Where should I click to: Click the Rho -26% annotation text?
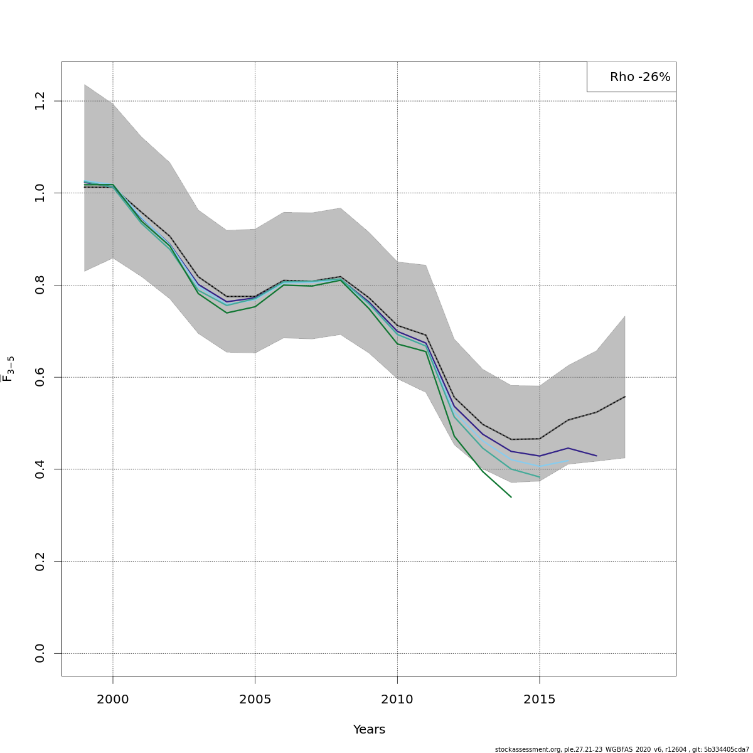point(640,77)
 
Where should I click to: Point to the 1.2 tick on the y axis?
point(40,101)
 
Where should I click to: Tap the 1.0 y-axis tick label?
point(40,193)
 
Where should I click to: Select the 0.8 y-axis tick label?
point(40,285)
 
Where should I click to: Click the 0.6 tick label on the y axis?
point(40,377)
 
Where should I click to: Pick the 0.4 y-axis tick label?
point(40,469)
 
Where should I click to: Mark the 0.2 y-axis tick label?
point(40,561)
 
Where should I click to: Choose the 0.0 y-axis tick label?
point(40,653)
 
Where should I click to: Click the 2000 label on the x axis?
point(113,699)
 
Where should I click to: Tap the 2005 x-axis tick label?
point(255,699)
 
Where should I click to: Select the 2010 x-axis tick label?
point(397,699)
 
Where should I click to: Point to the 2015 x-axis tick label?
point(540,699)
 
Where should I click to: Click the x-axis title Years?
point(369,729)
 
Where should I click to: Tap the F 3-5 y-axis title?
point(8,369)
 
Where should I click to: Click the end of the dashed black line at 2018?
point(625,397)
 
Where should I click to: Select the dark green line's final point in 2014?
point(511,497)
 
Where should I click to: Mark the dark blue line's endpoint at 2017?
point(596,456)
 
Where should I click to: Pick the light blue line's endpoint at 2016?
point(568,461)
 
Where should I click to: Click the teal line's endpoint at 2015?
point(540,478)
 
